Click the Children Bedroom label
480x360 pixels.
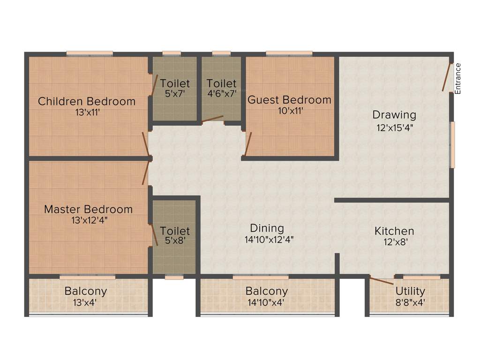point(87,101)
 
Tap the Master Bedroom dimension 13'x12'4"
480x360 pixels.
point(88,220)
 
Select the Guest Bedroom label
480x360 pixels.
point(289,100)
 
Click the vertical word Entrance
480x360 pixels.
point(458,79)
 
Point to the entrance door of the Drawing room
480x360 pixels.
point(447,77)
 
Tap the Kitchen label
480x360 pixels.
point(394,231)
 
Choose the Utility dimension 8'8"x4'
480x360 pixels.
point(410,302)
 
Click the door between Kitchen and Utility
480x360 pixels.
point(382,281)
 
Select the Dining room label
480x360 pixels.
point(267,228)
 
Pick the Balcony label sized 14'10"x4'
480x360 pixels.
point(267,291)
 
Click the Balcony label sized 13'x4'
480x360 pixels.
point(86,291)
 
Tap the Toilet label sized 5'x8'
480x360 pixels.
point(175,231)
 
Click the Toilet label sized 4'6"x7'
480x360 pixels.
point(222,83)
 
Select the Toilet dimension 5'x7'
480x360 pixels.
point(175,94)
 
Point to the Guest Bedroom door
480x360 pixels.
point(248,143)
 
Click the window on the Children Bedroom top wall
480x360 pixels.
point(89,53)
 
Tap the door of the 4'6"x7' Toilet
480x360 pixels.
point(212,119)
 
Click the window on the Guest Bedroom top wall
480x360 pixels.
point(289,53)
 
